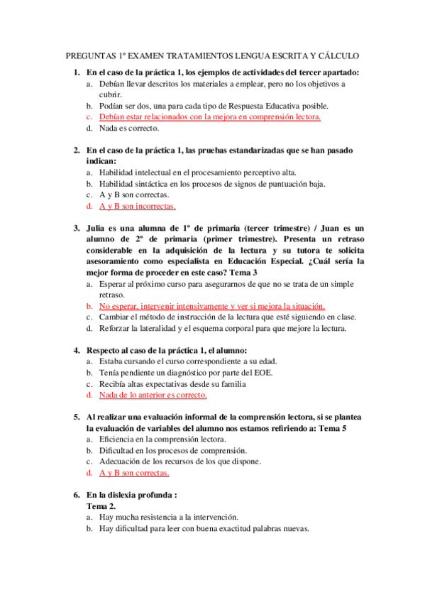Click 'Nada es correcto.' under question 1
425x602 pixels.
(128, 128)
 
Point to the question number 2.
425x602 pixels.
(77, 150)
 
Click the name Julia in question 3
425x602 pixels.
(99, 228)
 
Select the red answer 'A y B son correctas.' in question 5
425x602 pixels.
(134, 472)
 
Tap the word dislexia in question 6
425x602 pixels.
(143, 494)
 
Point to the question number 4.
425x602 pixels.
(77, 350)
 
